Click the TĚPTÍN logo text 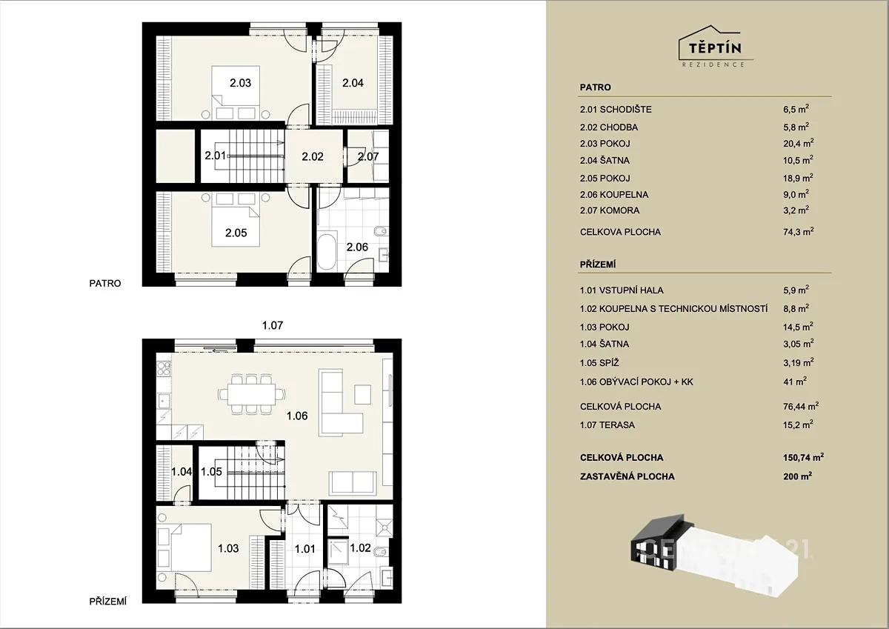[x=715, y=48]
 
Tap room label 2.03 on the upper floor [x=240, y=83]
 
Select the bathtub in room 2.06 [x=327, y=253]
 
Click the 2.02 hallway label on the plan [x=313, y=156]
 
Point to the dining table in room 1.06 [x=252, y=394]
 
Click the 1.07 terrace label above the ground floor [x=273, y=325]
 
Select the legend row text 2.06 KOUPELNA [x=614, y=194]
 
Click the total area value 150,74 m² [x=803, y=457]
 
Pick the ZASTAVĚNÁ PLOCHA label [x=627, y=476]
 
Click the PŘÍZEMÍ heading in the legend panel [x=598, y=264]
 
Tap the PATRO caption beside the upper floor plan [x=104, y=283]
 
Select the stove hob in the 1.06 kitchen [x=164, y=368]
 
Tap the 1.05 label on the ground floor [x=211, y=471]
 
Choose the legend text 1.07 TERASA [x=607, y=425]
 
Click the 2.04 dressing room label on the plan [x=353, y=83]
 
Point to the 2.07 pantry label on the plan [x=368, y=156]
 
